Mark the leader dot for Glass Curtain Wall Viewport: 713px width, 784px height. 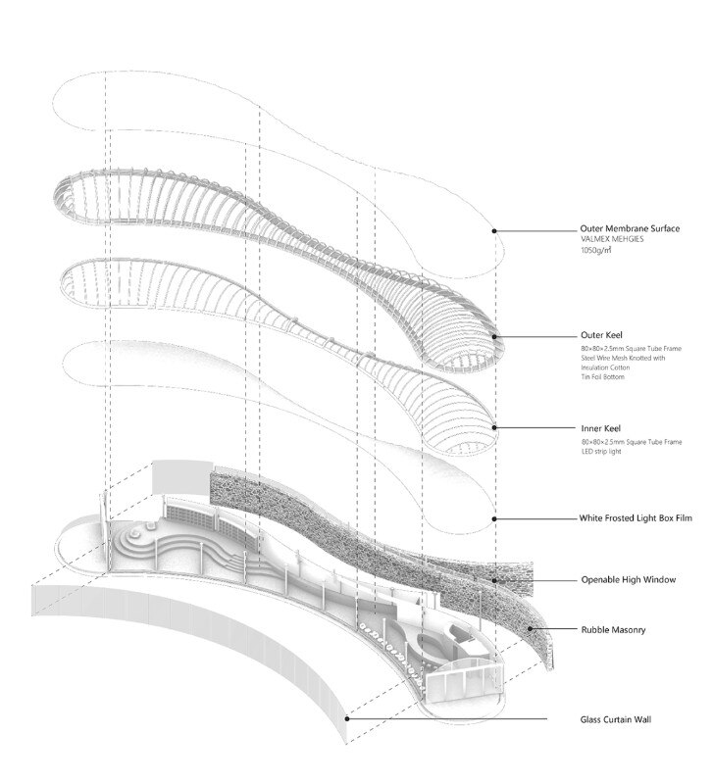tap(349, 719)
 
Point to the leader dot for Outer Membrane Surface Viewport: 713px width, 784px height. tap(494, 231)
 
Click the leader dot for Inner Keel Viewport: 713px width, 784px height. tap(494, 427)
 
